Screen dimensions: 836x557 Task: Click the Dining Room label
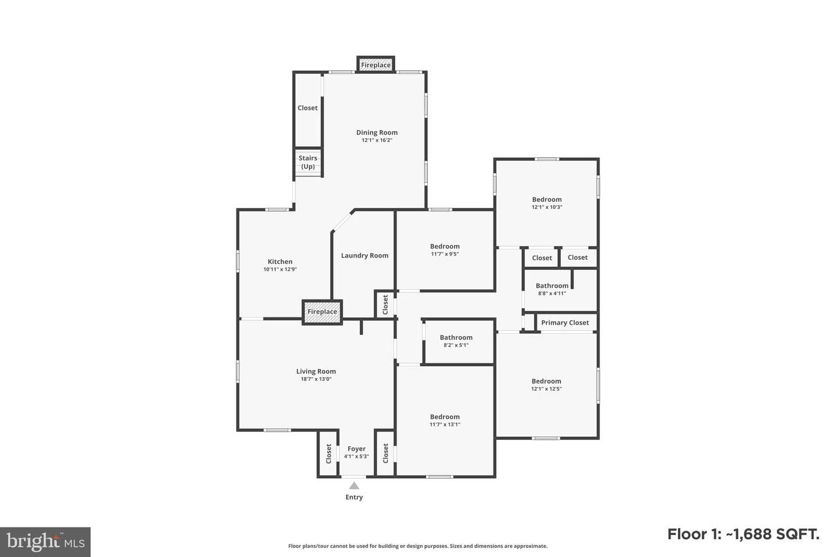click(377, 132)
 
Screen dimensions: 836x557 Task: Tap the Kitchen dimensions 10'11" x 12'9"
click(280, 269)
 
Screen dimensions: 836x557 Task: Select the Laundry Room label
click(365, 255)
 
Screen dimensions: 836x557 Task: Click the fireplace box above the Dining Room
click(376, 65)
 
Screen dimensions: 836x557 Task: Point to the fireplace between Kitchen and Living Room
click(322, 312)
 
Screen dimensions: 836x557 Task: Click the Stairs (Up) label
click(308, 162)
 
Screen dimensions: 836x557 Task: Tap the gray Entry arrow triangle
click(354, 486)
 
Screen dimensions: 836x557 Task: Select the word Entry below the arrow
click(354, 497)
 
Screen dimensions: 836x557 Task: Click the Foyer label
click(356, 449)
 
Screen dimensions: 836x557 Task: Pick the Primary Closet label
click(565, 323)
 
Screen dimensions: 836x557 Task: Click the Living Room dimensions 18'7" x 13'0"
click(316, 379)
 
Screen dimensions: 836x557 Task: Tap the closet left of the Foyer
click(329, 454)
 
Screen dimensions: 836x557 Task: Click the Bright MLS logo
click(45, 542)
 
